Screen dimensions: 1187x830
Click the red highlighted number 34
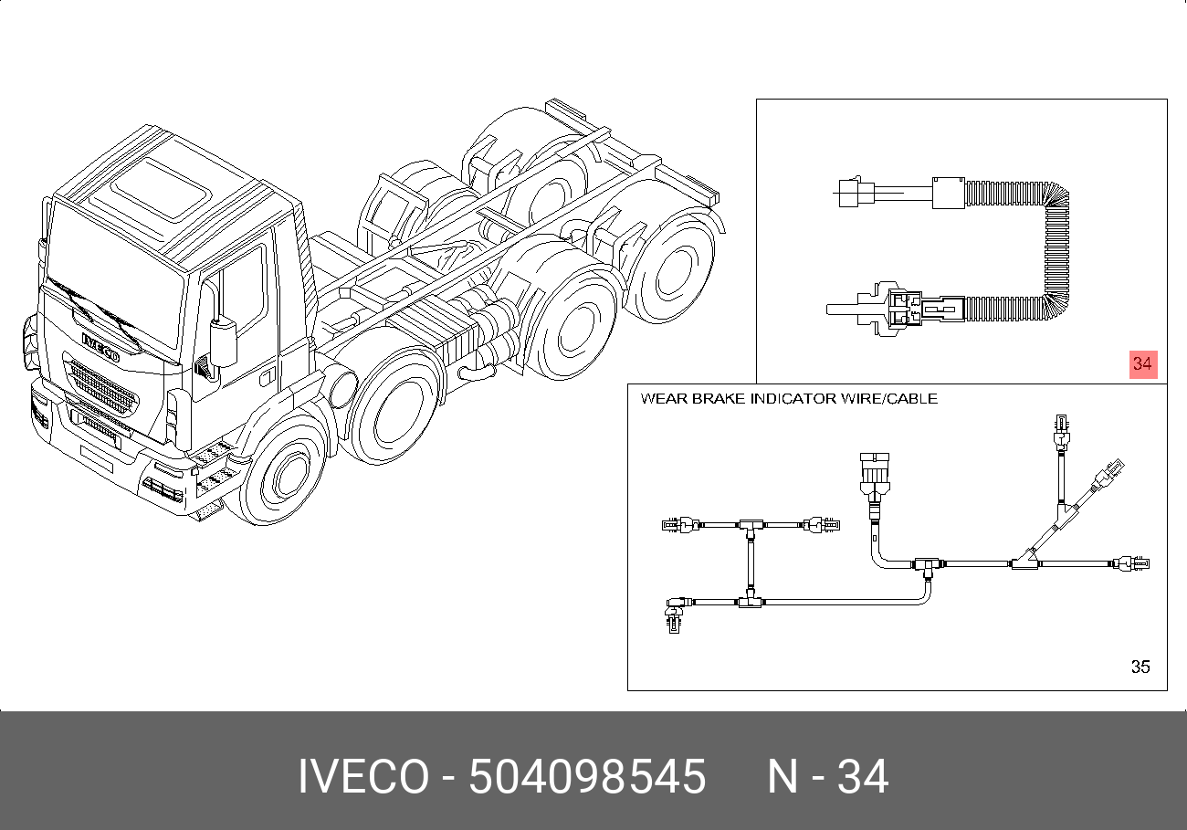click(x=1143, y=364)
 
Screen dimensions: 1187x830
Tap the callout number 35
click(x=1140, y=667)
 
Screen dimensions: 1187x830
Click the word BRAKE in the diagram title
click(x=720, y=399)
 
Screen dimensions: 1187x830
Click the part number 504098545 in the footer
click(x=587, y=776)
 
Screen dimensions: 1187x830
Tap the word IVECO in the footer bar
click(x=363, y=776)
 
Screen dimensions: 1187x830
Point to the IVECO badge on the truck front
click(x=100, y=347)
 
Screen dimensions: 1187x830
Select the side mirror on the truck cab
click(x=223, y=341)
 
